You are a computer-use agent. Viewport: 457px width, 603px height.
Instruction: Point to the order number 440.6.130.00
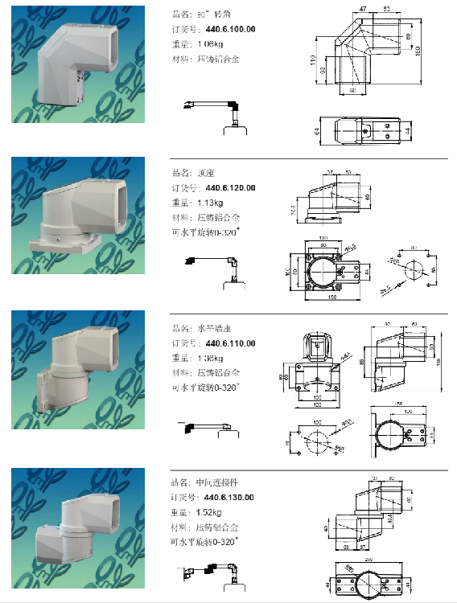point(228,497)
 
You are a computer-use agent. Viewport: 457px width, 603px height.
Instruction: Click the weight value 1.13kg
point(208,203)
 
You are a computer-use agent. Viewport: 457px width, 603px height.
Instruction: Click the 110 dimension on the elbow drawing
point(310,60)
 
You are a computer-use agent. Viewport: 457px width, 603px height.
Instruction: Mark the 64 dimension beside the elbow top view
point(317,129)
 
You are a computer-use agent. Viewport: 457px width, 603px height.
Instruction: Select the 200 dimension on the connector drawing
point(368,556)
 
